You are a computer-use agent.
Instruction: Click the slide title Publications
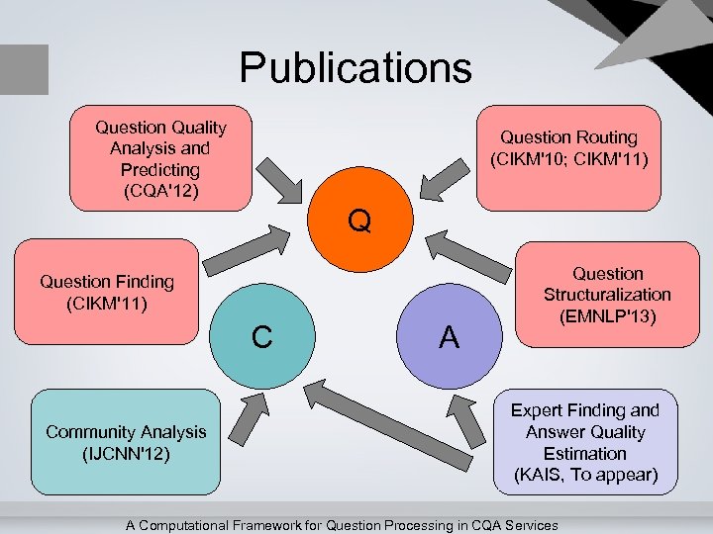tap(356, 68)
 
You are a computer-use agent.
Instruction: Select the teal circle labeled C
tap(261, 336)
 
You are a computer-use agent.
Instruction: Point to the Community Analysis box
tap(126, 442)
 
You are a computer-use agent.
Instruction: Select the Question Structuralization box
tap(606, 295)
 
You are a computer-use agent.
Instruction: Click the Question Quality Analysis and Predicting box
tap(160, 158)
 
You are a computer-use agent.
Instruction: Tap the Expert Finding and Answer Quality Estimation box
tap(584, 442)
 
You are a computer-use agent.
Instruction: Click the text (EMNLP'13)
tap(607, 315)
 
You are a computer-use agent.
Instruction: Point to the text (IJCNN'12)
tap(126, 453)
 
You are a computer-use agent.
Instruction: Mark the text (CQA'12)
tap(160, 191)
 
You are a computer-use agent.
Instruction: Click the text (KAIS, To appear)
tap(584, 475)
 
